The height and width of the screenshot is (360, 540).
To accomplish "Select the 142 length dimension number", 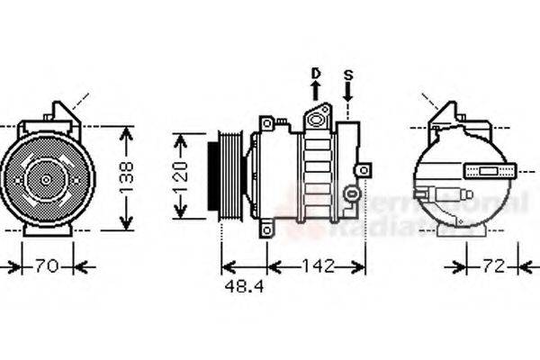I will (x=317, y=266).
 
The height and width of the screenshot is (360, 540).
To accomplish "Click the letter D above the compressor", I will (x=316, y=73).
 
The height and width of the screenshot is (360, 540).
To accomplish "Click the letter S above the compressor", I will (x=349, y=73).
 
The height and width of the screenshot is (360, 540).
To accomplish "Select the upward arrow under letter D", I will (x=316, y=91).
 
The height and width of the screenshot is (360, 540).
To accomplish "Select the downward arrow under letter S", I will (x=349, y=91).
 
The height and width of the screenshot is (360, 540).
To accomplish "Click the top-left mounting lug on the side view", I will (x=266, y=123).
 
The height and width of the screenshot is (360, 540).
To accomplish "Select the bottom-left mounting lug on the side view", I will (x=266, y=230).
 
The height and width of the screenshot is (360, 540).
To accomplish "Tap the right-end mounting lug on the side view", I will (x=363, y=169).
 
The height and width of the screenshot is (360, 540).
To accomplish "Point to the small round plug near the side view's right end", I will (x=354, y=193).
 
